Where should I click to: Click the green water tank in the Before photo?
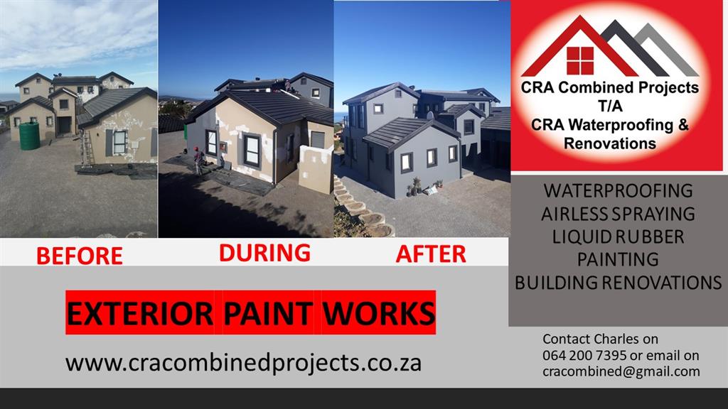click(29, 136)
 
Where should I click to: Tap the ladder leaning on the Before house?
click(86, 148)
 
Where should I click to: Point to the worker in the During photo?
click(199, 161)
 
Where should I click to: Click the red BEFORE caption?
click(80, 256)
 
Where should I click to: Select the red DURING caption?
click(264, 253)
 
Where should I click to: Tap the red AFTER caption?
click(431, 254)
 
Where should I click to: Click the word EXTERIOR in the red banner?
click(140, 313)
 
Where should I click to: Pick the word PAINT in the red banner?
click(268, 313)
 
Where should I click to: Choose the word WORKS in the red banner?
click(378, 313)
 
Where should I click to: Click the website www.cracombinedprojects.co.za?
click(243, 363)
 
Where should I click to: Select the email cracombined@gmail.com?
click(621, 371)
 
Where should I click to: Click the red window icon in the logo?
click(580, 60)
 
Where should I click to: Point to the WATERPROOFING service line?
click(618, 191)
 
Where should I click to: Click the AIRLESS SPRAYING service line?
click(618, 214)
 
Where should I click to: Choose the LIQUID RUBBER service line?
click(618, 237)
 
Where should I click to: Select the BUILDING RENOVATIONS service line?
click(618, 283)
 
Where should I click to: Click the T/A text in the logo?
click(610, 107)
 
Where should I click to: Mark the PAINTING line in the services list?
click(618, 259)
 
